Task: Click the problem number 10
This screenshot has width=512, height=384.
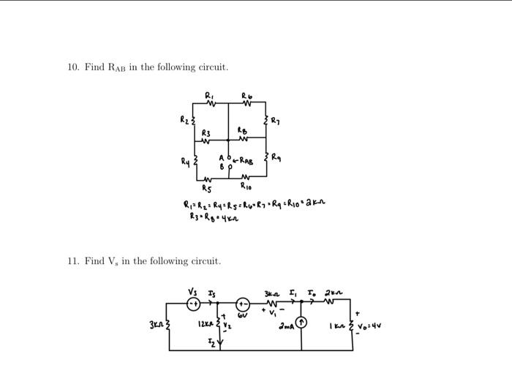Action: pos(72,67)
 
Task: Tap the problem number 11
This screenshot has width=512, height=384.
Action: pos(72,261)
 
